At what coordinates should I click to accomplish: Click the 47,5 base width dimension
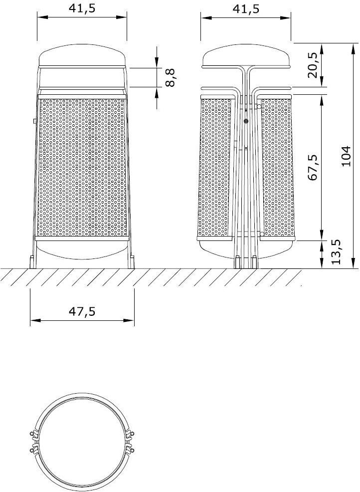click(x=82, y=311)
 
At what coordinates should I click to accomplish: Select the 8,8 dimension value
click(x=170, y=78)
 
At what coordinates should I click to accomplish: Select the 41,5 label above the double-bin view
click(x=246, y=9)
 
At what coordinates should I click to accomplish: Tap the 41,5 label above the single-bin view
click(x=82, y=9)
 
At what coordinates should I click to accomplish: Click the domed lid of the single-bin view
click(x=82, y=57)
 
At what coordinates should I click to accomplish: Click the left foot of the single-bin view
click(x=33, y=262)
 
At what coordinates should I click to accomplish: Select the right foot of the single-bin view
click(x=132, y=262)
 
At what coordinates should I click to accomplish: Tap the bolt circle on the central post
click(x=246, y=121)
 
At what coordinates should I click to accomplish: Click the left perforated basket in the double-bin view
click(x=216, y=167)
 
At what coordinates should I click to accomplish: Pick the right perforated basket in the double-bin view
click(x=277, y=167)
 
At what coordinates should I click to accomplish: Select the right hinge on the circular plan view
click(x=131, y=441)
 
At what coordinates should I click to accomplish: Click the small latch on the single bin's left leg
click(x=33, y=121)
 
